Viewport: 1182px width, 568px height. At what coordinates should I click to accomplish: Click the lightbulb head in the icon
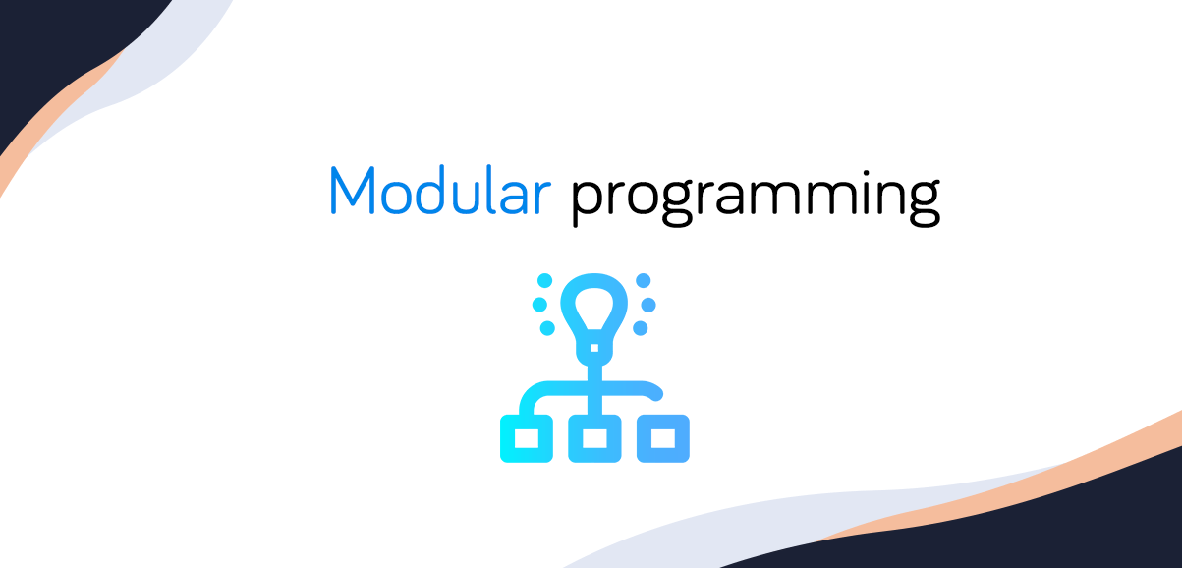tap(594, 304)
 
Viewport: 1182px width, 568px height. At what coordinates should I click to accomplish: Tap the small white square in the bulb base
tap(594, 347)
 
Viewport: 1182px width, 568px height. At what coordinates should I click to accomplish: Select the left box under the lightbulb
tap(526, 438)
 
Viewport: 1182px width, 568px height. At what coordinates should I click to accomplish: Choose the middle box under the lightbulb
tap(594, 438)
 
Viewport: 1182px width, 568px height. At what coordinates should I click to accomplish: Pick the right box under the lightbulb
tap(663, 438)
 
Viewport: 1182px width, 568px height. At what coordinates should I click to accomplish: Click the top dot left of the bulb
tap(546, 280)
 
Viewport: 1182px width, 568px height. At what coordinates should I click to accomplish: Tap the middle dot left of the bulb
tap(539, 304)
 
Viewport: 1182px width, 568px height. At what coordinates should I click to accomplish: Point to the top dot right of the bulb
tap(643, 280)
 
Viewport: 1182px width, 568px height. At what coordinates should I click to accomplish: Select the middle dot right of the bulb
tap(649, 304)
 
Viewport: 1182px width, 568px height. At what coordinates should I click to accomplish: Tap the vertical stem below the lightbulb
tap(594, 378)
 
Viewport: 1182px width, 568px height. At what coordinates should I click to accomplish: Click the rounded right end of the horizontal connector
tap(657, 392)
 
